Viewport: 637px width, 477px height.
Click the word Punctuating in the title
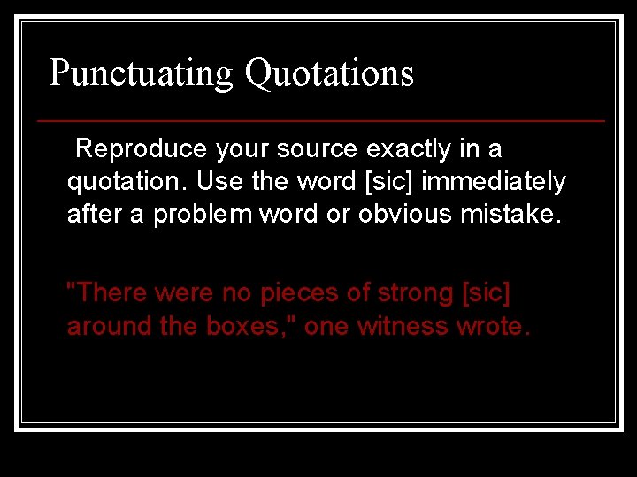click(x=141, y=73)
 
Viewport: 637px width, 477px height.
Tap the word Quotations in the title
click(x=329, y=73)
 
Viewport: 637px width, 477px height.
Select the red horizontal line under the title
click(x=321, y=120)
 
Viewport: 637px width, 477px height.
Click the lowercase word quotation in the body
click(x=127, y=182)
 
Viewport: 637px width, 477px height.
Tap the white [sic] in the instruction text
click(x=389, y=182)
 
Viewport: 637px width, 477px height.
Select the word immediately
click(x=494, y=182)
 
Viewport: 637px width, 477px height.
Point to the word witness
click(x=403, y=326)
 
